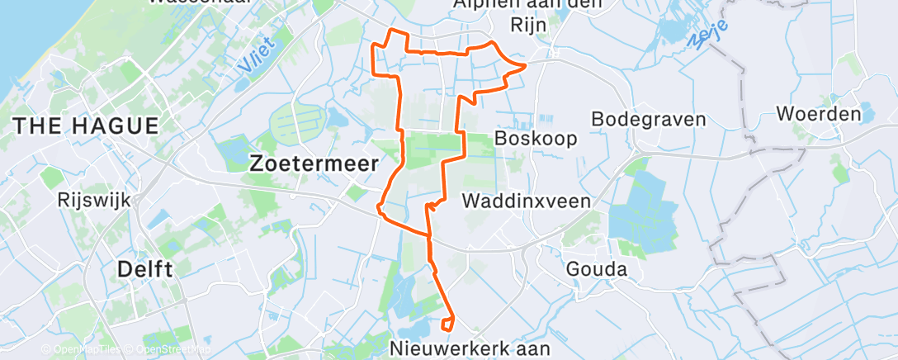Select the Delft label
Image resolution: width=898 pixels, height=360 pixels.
(145, 269)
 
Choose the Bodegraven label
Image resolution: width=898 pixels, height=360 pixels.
(650, 119)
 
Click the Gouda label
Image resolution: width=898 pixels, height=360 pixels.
(596, 269)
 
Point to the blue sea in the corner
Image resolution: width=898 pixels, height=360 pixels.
(17, 33)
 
